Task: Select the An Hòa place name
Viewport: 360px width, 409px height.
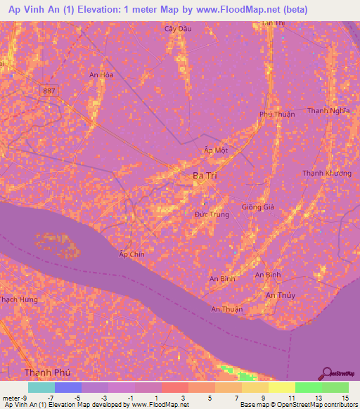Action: coord(101,74)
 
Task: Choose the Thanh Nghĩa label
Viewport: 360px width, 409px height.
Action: coord(328,110)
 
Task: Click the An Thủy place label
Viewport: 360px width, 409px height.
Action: coord(280,295)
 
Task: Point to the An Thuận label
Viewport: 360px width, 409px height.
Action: coord(226,309)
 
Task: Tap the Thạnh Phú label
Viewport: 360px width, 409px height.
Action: coord(48,372)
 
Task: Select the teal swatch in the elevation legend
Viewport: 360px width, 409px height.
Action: coord(41,387)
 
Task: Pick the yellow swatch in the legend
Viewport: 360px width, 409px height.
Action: coord(281,387)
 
